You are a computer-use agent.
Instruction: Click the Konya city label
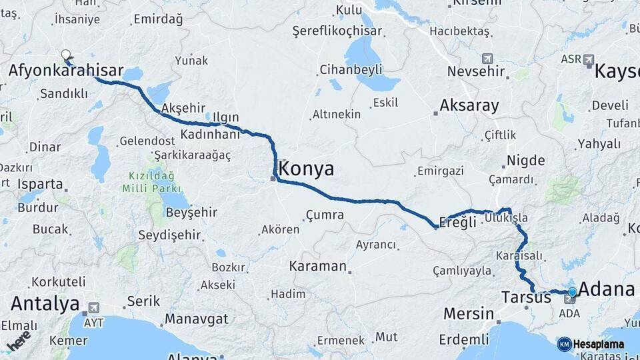pyautogui.click(x=307, y=169)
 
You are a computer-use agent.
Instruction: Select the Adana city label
pyautogui.click(x=606, y=289)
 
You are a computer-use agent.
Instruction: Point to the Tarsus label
pyautogui.click(x=526, y=297)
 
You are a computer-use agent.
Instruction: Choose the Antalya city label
pyautogui.click(x=45, y=305)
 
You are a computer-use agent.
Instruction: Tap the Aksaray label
pyautogui.click(x=469, y=105)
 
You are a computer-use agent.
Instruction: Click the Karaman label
pyautogui.click(x=317, y=266)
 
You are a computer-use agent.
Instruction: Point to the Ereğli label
pyautogui.click(x=457, y=223)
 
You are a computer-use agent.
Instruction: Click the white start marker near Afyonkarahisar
pyautogui.click(x=65, y=55)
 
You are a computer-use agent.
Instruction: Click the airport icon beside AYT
pyautogui.click(x=92, y=308)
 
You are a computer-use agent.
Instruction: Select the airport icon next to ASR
pyautogui.click(x=589, y=60)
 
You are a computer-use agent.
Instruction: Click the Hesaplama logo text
pyautogui.click(x=598, y=345)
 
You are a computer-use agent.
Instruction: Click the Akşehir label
pyautogui.click(x=183, y=108)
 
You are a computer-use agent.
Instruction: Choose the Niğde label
pyautogui.click(x=525, y=161)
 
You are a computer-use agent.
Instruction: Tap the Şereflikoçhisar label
pyautogui.click(x=337, y=31)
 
